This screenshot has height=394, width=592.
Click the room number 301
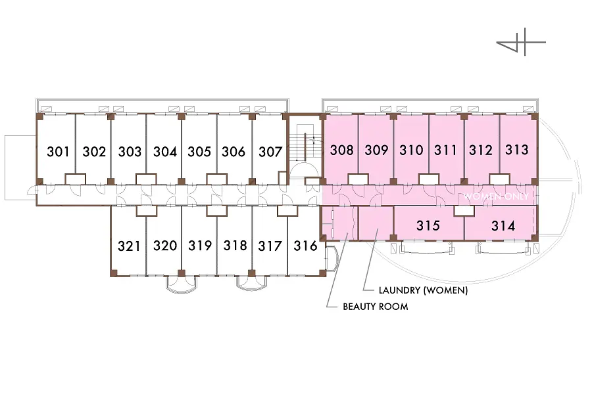tap(59, 152)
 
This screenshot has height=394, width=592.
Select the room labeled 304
tap(165, 152)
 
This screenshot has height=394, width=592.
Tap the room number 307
tap(270, 152)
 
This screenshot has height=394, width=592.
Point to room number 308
tap(341, 150)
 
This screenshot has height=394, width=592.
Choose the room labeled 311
tap(445, 150)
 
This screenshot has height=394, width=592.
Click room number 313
tap(517, 150)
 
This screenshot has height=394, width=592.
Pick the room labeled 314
tap(504, 226)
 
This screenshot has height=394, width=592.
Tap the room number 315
tap(428, 226)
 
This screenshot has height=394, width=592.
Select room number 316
tap(305, 246)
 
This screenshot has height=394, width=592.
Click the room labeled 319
tap(200, 246)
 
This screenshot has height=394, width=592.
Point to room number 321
tap(129, 246)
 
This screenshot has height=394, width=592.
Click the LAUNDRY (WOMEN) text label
tap(424, 290)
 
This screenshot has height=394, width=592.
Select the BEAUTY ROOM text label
tap(376, 306)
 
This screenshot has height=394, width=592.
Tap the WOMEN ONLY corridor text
tap(497, 196)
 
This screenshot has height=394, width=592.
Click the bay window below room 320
tap(182, 283)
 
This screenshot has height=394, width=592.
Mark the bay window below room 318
tap(253, 283)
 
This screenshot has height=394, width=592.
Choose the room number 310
tap(411, 150)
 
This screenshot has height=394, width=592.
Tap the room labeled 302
tap(94, 152)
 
